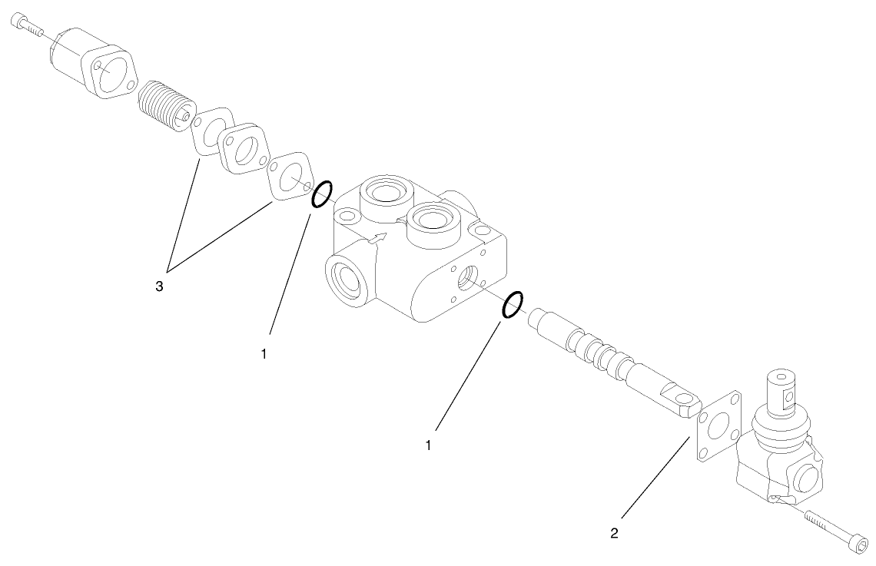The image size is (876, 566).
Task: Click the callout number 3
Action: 159,286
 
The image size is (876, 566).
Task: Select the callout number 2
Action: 614,531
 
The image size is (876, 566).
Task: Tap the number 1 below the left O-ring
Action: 264,354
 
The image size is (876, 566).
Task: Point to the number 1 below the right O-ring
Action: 429,444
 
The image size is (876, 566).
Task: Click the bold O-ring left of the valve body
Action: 322,194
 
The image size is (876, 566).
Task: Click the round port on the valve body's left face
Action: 343,277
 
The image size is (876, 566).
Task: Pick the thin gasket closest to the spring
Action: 212,131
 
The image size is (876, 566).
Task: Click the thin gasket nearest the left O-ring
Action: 287,177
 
